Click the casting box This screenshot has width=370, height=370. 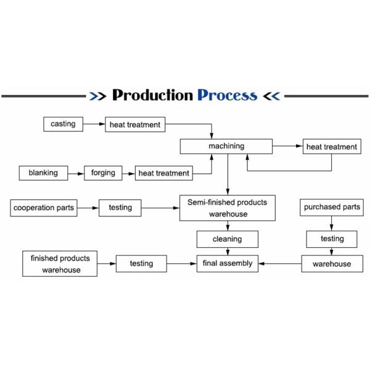point(63,124)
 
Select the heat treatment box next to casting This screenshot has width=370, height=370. point(134,125)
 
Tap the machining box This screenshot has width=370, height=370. point(226,146)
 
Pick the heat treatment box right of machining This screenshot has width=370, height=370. point(332,147)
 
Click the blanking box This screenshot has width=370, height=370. point(43,173)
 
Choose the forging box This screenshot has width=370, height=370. point(103,173)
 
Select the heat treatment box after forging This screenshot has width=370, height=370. point(163,174)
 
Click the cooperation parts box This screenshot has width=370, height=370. point(44,208)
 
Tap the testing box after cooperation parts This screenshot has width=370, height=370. point(120,208)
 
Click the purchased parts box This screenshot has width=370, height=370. point(332,208)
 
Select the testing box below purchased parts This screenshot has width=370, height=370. point(332,239)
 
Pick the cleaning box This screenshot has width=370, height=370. point(227,239)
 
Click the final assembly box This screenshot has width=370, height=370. point(227,263)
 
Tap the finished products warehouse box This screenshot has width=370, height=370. point(60,264)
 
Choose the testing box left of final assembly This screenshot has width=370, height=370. point(141,264)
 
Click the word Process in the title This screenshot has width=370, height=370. point(227,96)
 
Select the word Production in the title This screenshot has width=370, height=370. point(152,96)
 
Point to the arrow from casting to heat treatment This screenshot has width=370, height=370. point(94,125)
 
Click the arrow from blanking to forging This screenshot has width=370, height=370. point(76,174)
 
